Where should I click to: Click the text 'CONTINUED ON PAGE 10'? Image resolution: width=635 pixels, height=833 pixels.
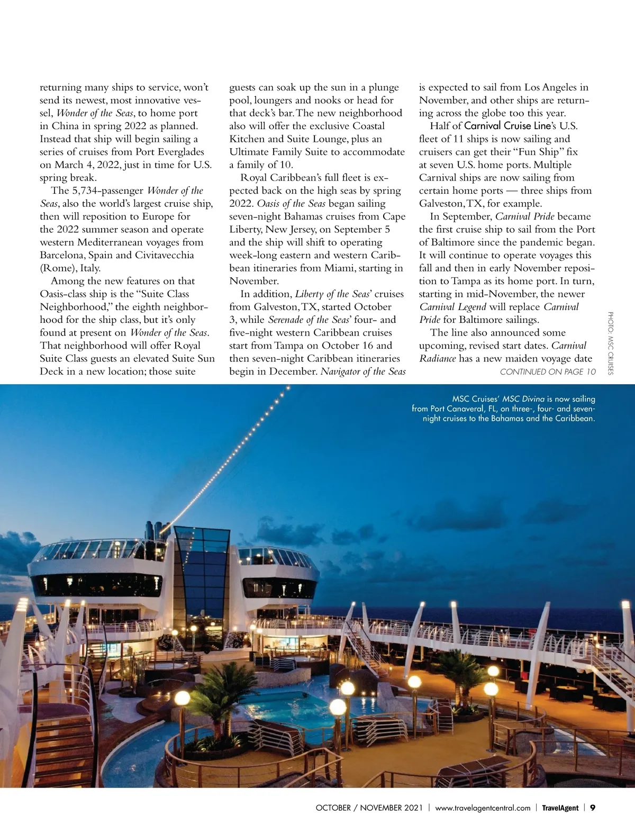(x=548, y=372)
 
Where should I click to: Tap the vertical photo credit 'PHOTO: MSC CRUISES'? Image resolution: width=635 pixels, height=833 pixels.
(x=610, y=343)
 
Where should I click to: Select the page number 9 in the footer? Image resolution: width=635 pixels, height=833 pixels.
(x=593, y=808)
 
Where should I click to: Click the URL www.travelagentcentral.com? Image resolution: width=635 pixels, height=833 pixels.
(x=483, y=808)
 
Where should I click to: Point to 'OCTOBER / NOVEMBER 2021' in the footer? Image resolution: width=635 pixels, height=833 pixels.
(x=369, y=808)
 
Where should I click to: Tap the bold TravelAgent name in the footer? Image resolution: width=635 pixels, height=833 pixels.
(x=560, y=808)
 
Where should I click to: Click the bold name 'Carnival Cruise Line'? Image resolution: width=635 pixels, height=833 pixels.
(x=507, y=126)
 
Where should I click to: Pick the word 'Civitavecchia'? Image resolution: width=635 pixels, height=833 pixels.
(x=162, y=255)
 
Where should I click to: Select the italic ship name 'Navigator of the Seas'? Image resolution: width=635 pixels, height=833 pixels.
(x=363, y=372)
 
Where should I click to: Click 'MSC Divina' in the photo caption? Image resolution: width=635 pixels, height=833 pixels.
(x=523, y=399)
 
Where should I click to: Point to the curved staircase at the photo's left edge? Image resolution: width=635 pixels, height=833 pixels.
(x=58, y=730)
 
